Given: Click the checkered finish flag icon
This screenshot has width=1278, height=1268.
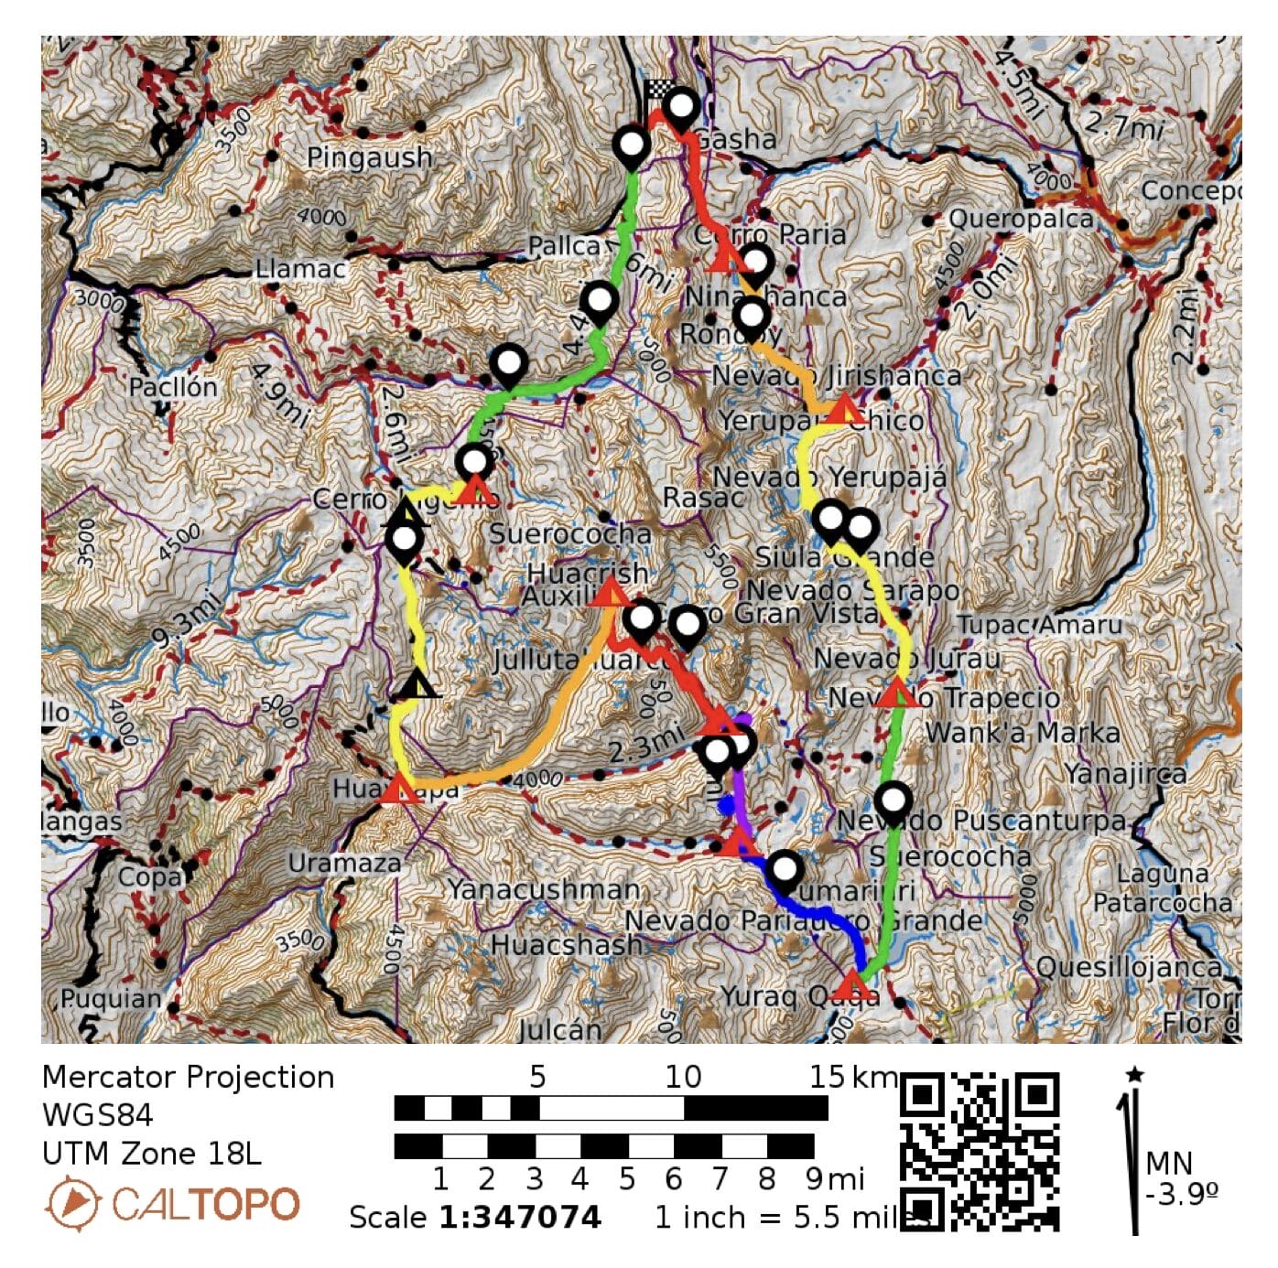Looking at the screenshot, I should click(658, 91).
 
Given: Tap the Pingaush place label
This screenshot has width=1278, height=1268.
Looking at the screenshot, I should click(369, 157).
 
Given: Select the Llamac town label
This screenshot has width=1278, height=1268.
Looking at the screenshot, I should click(300, 269).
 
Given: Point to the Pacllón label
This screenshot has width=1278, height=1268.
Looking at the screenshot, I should click(173, 387).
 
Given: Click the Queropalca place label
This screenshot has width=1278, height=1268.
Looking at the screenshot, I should click(1021, 220).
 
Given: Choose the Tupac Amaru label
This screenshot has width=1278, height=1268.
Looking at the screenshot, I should click(1039, 625).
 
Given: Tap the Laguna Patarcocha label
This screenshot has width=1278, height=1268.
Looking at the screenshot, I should click(1163, 888).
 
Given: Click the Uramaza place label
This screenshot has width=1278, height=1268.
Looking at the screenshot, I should click(344, 863).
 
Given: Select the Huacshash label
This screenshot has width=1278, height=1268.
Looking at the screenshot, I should click(567, 945).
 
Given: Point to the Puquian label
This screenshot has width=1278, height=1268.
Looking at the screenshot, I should click(111, 998).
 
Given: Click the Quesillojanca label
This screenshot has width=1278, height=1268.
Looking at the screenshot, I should click(1129, 967).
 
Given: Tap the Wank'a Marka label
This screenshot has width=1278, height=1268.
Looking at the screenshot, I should click(1022, 733).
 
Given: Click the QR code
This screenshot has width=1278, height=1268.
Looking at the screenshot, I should click(980, 1151).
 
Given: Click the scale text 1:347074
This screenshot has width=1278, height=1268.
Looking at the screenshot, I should click(520, 1218).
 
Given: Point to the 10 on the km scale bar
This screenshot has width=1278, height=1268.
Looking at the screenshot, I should click(683, 1077).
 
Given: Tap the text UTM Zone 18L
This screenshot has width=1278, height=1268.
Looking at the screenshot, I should click(151, 1154).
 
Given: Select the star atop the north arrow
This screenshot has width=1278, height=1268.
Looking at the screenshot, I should click(1135, 1074).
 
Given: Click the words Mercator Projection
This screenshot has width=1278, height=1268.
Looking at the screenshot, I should click(188, 1077).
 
